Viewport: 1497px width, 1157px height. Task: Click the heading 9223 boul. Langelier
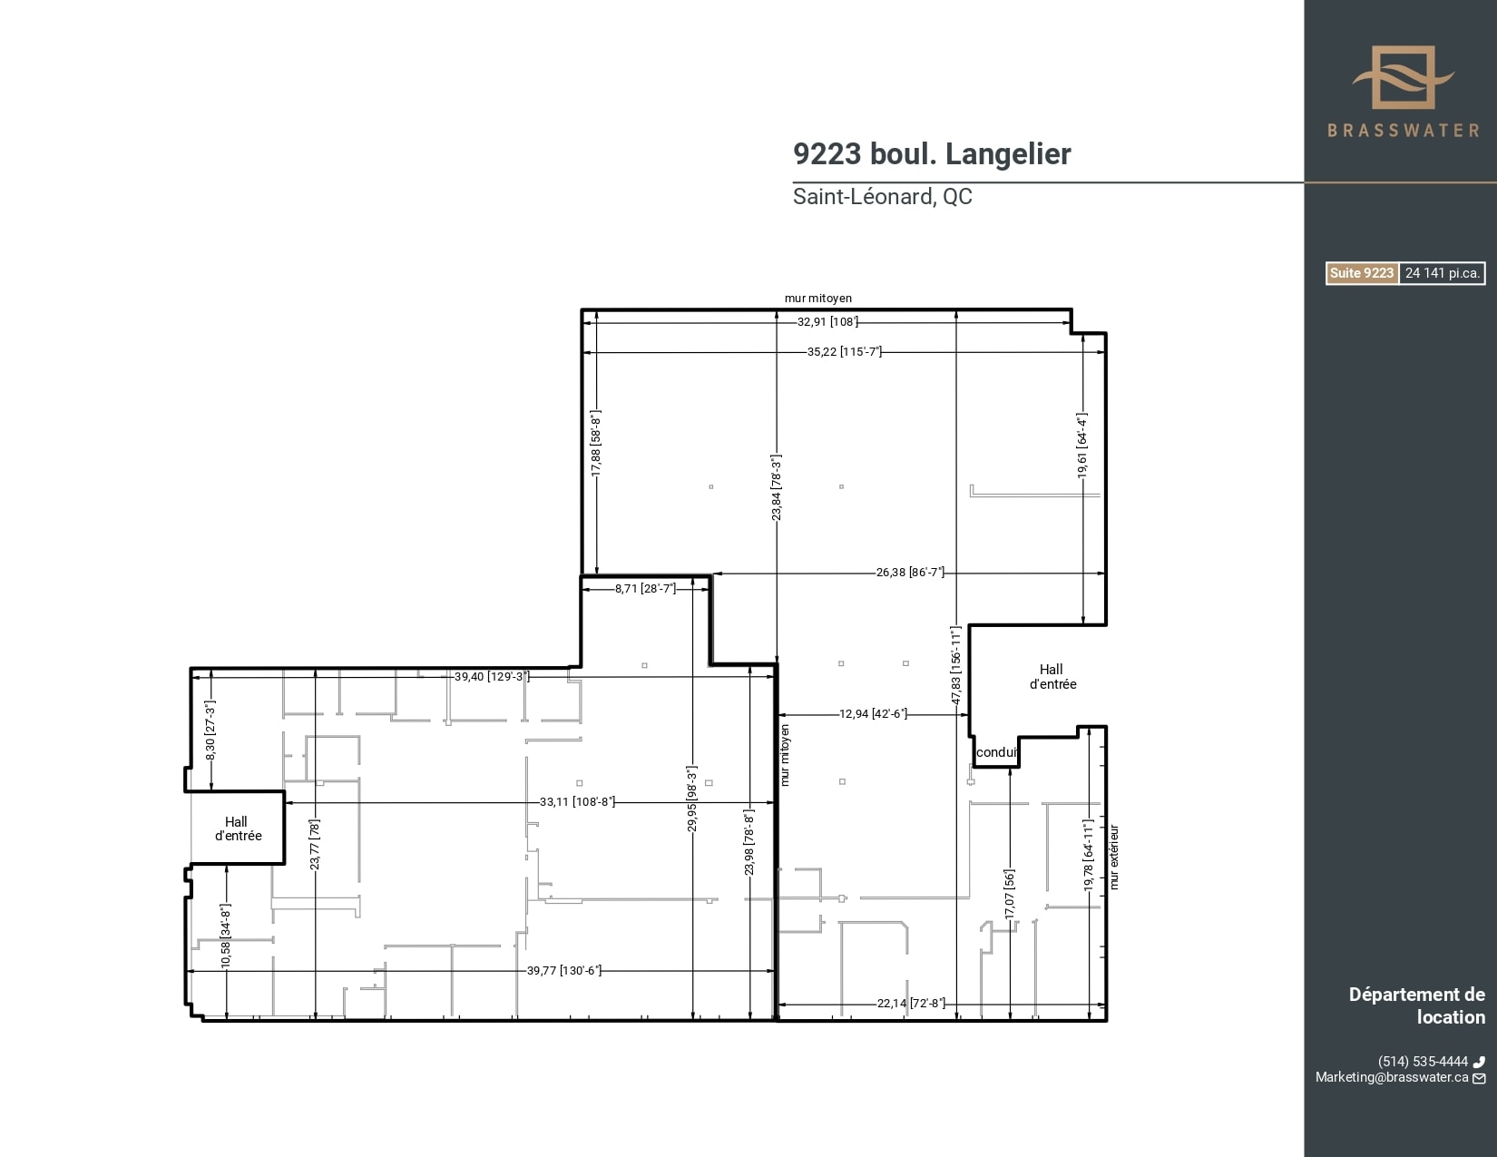[x=932, y=154]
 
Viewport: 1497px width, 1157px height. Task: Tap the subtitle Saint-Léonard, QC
[x=882, y=197]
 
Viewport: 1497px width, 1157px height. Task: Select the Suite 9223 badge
[x=1361, y=273]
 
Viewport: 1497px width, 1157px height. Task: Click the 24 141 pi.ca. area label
[x=1442, y=273]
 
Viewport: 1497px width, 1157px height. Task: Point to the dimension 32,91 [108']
[x=827, y=321]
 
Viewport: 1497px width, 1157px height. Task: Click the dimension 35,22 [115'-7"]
[x=844, y=351]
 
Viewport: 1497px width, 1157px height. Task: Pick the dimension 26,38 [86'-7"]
[x=910, y=573]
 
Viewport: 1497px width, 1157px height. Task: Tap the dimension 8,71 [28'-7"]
[x=645, y=588]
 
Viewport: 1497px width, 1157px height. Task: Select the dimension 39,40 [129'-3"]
[x=491, y=676]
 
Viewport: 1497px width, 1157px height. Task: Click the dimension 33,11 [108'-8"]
[x=577, y=802]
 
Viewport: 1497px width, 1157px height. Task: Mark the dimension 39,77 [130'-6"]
[x=563, y=970]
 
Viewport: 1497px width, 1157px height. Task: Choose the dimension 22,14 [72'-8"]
[x=911, y=1003]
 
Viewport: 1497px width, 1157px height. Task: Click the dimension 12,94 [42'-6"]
[x=873, y=714]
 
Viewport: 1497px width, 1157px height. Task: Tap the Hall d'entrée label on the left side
[x=238, y=829]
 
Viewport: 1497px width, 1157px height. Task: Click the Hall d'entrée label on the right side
[x=1052, y=677]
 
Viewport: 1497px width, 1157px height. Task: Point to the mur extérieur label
[x=1114, y=857]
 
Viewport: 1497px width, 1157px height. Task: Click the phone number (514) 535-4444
[x=1422, y=1061]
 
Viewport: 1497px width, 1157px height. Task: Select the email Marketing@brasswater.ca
[x=1392, y=1077]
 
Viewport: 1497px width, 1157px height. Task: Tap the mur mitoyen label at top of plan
[x=818, y=298]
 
